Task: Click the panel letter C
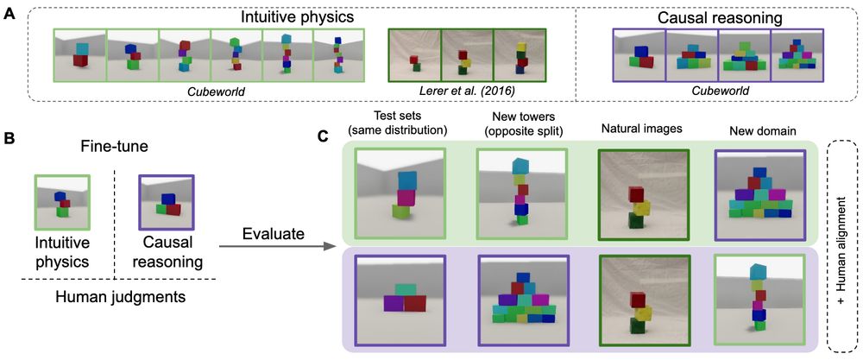coord(322,137)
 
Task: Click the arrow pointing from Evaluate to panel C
coord(276,248)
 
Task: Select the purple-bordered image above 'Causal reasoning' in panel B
coord(163,199)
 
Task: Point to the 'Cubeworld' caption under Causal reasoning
coord(717,90)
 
